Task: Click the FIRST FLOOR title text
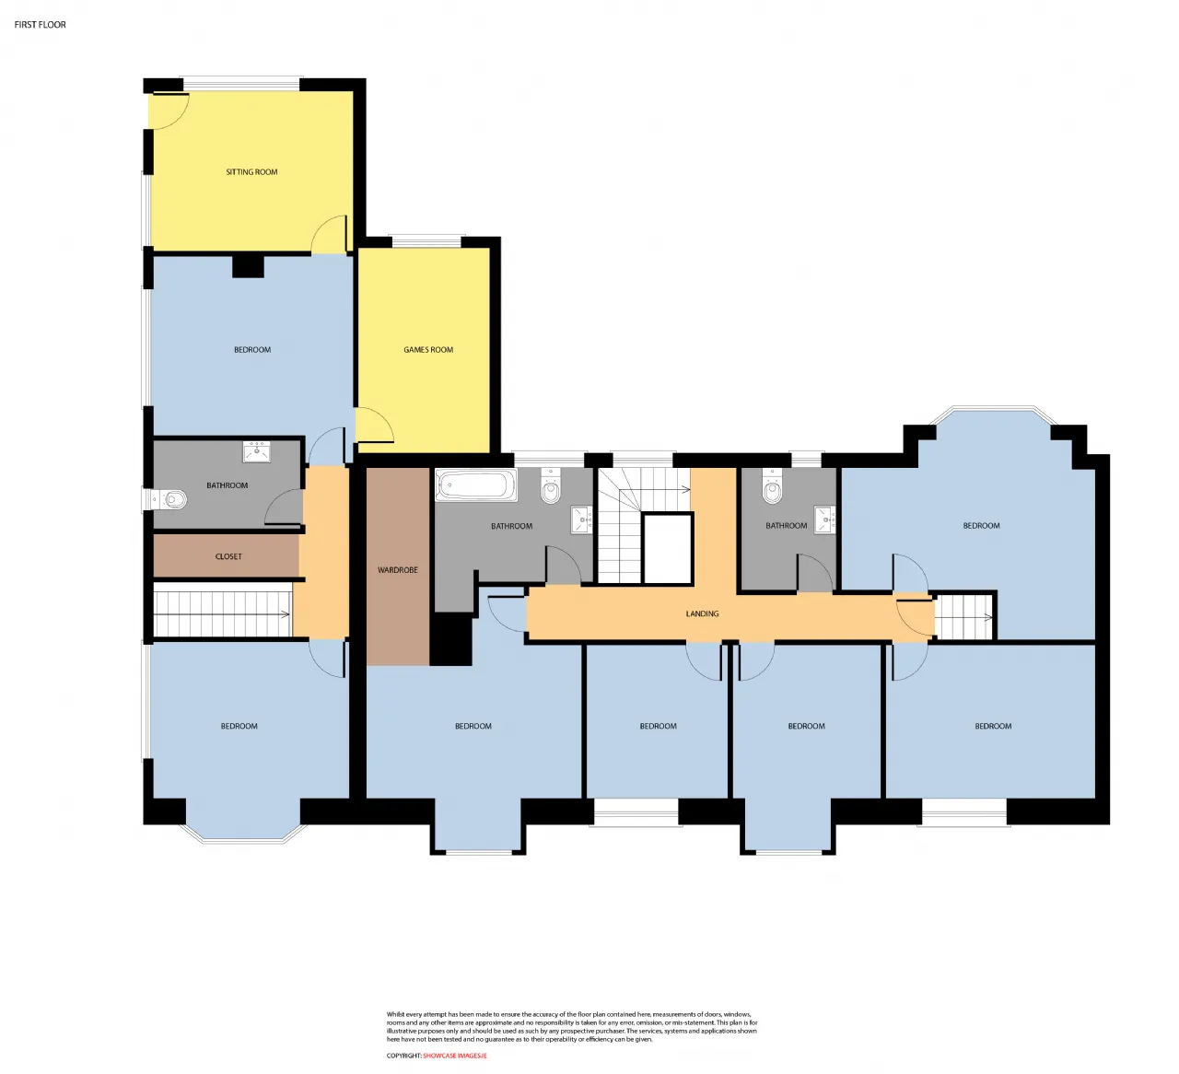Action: pos(40,25)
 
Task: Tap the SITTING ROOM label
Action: pos(251,171)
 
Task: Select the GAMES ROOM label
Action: pos(428,349)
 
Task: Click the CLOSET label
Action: pos(228,556)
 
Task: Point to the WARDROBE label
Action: pos(397,569)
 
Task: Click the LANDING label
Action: pos(702,613)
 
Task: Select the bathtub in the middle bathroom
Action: pos(475,485)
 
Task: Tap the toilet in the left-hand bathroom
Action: pos(169,499)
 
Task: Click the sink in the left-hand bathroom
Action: pos(256,452)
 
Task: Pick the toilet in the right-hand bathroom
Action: pos(772,487)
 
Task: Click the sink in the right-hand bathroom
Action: pos(824,519)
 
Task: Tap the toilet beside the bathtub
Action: pos(550,486)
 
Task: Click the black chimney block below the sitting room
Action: pos(248,266)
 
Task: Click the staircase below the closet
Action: pos(222,613)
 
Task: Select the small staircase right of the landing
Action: pos(963,616)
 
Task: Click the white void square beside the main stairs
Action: pos(668,548)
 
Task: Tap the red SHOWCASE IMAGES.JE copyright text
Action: pos(454,1056)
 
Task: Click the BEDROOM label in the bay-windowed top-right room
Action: pos(981,526)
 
